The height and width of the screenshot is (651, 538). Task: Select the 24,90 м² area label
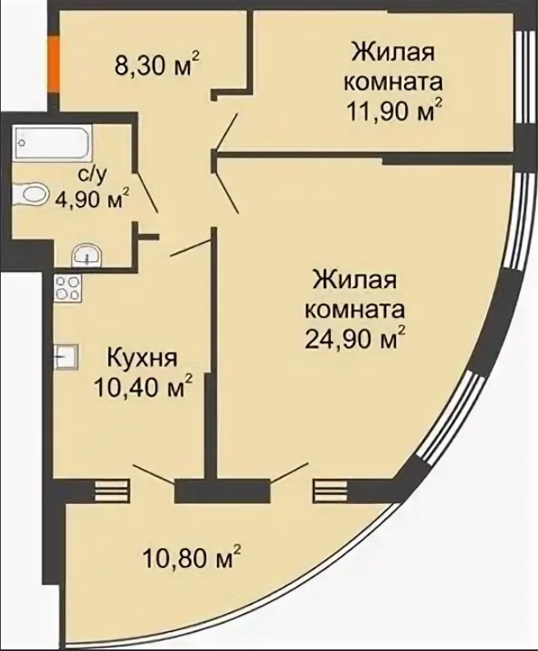point(355,340)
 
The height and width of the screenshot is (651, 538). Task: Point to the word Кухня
point(142,358)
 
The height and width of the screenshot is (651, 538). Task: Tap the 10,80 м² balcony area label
point(191,558)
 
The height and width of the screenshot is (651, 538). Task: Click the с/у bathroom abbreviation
point(92,175)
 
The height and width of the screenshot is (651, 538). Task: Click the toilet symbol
point(30,195)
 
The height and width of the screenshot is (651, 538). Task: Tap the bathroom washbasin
point(86,256)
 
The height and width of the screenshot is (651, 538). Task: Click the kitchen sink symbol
point(66,356)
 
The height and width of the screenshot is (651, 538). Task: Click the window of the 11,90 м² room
point(522,78)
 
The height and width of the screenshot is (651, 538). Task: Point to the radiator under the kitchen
point(113,491)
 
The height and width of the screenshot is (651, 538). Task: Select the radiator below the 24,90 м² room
point(330,491)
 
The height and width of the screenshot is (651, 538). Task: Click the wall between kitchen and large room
point(211,353)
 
